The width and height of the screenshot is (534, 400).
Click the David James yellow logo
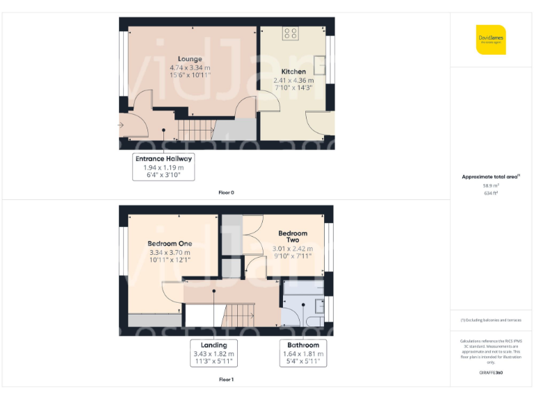[491, 40]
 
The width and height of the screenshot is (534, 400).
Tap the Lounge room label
[190, 59]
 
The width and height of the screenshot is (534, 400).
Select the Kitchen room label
[293, 72]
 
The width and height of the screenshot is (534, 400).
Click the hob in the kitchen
[291, 33]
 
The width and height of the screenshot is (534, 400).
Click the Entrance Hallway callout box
[163, 167]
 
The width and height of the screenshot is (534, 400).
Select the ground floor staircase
[194, 128]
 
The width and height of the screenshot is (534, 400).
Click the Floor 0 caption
[226, 192]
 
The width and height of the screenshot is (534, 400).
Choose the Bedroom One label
[170, 244]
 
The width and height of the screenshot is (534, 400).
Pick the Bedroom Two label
[293, 236]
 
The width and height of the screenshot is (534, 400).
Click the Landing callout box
[214, 353]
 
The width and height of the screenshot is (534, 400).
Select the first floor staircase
[239, 316]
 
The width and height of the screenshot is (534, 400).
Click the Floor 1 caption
[226, 380]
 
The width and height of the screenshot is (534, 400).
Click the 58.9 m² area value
[491, 186]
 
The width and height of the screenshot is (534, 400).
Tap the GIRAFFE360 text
[491, 373]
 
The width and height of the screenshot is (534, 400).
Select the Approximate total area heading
[491, 177]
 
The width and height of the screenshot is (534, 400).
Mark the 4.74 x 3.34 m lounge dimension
[190, 67]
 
